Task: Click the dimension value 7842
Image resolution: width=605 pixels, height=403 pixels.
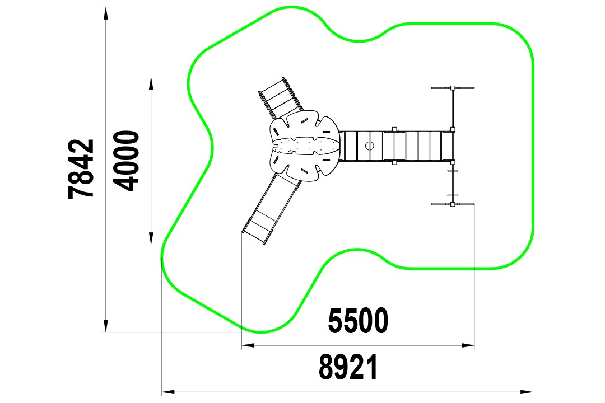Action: (81, 169)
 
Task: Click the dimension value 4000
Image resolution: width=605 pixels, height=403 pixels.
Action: (127, 161)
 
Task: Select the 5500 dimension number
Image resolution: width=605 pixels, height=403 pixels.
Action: (358, 321)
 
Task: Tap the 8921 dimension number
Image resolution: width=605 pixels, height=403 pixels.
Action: (348, 367)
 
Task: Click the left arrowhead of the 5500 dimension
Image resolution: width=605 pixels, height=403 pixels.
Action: (248, 345)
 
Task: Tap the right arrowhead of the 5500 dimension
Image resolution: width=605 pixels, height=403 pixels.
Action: (468, 345)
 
